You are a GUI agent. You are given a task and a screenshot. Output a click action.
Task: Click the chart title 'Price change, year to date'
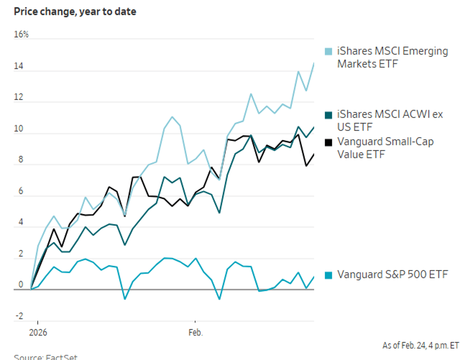(75, 12)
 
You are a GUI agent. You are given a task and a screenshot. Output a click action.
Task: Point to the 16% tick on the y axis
(21, 35)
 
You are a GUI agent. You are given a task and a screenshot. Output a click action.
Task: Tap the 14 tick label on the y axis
(19, 66)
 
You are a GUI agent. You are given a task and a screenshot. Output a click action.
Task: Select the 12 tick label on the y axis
(19, 98)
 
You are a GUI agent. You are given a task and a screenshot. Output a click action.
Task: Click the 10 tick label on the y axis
(19, 129)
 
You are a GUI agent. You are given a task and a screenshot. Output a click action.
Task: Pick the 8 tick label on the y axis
(16, 160)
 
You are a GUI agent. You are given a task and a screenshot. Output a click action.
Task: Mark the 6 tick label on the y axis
(16, 192)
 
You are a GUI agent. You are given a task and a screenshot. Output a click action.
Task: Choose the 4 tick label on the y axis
(16, 223)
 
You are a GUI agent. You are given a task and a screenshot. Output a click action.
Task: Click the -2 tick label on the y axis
(18, 316)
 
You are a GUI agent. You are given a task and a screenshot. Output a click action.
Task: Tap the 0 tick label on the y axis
(16, 285)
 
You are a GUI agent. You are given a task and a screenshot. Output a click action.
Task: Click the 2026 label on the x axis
(38, 332)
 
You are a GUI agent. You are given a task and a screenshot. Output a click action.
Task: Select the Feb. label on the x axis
(195, 332)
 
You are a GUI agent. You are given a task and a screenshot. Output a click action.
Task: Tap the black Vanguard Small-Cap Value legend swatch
(329, 142)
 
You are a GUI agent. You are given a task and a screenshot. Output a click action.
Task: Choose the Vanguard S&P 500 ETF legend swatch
(329, 275)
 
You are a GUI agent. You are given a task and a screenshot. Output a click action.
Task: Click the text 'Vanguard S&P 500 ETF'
(392, 275)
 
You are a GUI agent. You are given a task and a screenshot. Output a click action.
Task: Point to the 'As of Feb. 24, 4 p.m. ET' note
(421, 345)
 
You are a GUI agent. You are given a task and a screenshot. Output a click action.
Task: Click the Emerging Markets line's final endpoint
(314, 63)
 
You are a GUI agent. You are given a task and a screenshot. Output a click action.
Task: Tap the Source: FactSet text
(46, 357)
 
